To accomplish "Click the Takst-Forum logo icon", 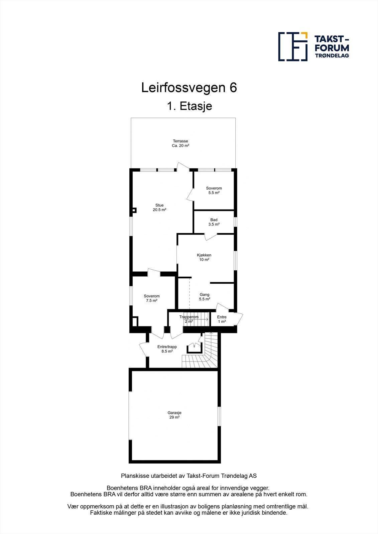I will point(293,47).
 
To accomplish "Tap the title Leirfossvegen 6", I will point(189,88).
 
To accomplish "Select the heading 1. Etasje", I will point(189,106).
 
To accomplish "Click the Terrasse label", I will point(180,143).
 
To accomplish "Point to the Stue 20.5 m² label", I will point(159,208).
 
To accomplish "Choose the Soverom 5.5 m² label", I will point(214,190).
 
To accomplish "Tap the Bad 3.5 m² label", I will point(214,222).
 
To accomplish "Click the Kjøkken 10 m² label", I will point(204,257).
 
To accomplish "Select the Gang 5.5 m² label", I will point(204,297).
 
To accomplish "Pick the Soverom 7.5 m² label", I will point(152,298).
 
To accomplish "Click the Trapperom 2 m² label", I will point(189,319).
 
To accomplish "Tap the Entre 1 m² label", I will point(222,319).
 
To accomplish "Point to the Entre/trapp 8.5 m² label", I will point(167,349).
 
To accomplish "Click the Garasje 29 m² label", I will point(174,415).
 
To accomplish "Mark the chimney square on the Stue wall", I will point(134,210).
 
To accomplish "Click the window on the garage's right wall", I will point(219,416).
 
